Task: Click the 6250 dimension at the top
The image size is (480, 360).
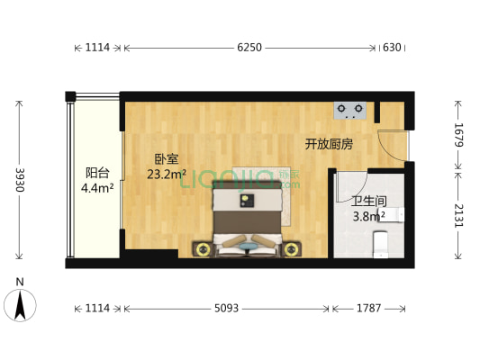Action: coord(249,48)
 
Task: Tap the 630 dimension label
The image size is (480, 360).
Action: coord(392,48)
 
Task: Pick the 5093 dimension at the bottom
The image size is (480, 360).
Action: coord(227,309)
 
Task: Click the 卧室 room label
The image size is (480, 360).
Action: coord(166,159)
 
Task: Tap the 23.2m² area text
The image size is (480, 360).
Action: coord(167,175)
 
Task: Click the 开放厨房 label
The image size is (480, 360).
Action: coord(328,143)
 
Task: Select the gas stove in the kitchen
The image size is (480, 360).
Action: coord(351,111)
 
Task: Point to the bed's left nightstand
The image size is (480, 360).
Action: coord(203,248)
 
